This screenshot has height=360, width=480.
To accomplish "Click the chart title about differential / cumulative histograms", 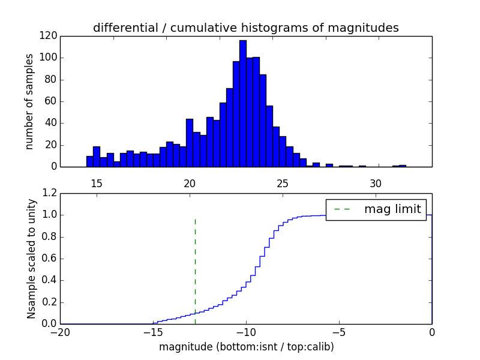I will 245,28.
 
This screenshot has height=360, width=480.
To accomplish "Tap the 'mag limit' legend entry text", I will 392,209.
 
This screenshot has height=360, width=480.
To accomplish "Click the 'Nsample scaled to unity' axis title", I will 31,259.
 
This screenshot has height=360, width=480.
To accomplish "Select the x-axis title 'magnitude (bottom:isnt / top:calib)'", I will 246,347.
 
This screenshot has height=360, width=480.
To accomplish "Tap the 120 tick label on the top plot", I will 49,36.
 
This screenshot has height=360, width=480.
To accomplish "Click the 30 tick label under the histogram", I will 376,183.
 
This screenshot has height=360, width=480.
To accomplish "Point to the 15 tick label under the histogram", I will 97,183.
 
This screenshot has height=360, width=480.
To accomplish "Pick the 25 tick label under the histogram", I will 283,183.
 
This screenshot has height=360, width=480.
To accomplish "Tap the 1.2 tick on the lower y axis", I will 50,193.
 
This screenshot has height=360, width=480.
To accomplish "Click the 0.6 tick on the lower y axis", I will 50,259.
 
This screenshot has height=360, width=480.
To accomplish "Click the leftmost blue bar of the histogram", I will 89,161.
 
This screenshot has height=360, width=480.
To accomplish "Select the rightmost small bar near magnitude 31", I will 402,166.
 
